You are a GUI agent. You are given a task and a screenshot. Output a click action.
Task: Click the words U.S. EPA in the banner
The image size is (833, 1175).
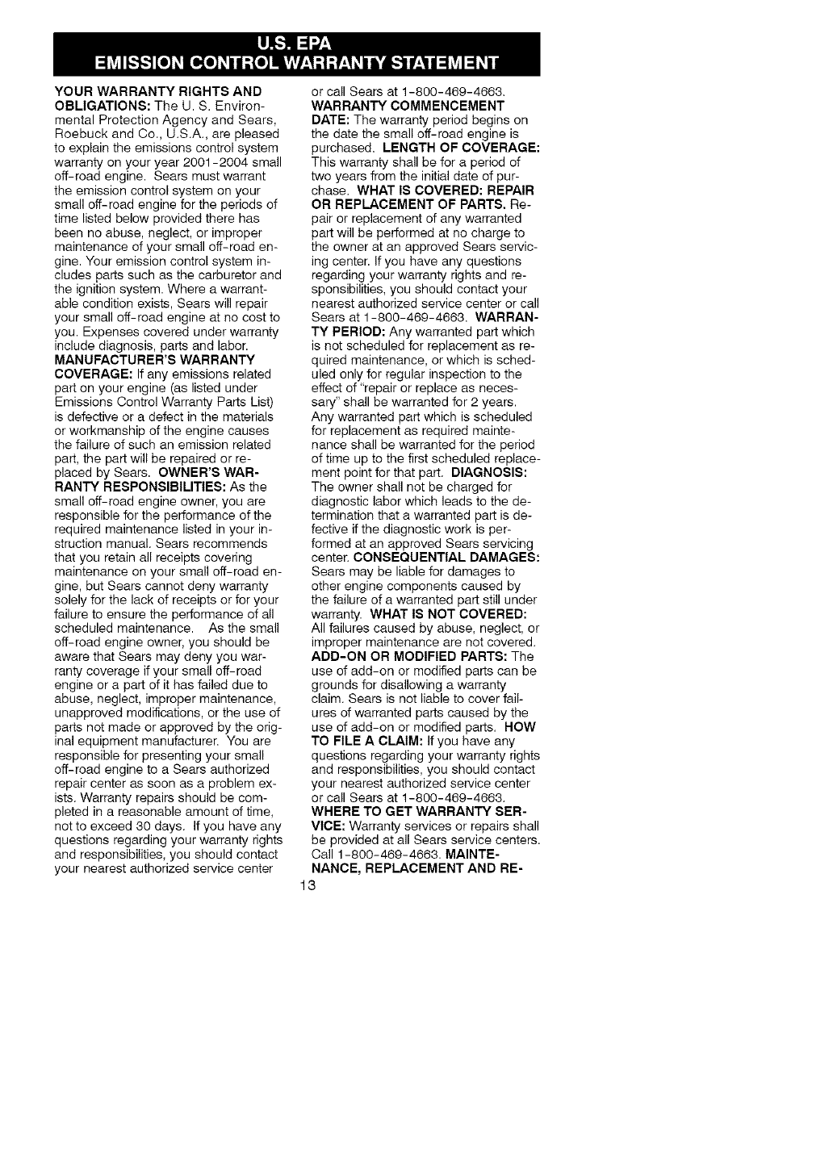point(295,43)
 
